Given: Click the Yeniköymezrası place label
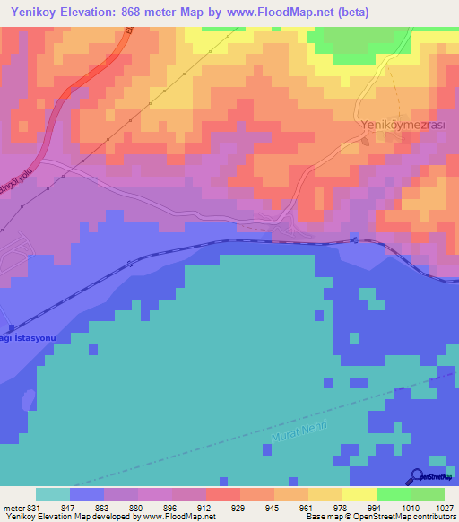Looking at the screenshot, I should (x=392, y=126).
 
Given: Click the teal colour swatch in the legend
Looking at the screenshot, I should (x=53, y=494).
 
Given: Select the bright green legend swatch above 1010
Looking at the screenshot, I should (x=393, y=494).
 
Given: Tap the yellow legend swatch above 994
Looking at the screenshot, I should (x=359, y=494).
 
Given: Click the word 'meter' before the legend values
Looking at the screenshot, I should (x=13, y=507).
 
